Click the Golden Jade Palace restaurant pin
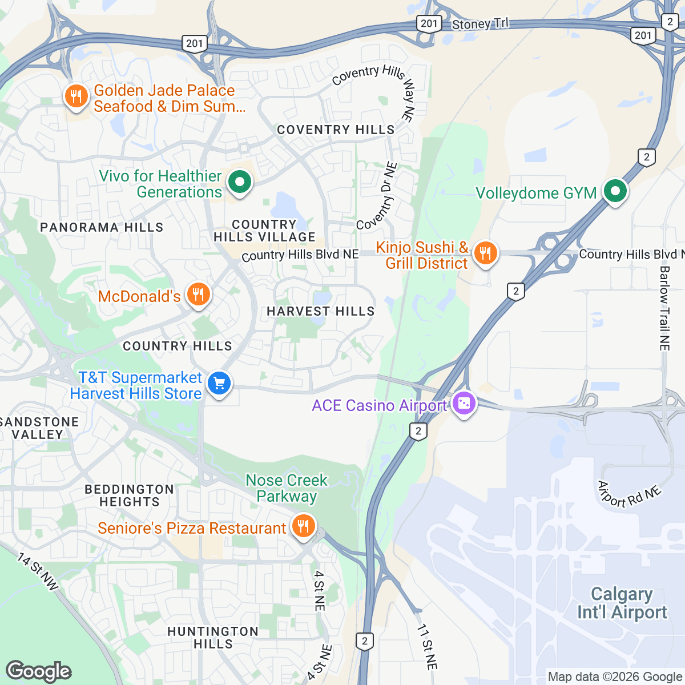tap(76, 96)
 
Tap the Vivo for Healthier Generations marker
tap(240, 183)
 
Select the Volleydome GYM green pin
tap(615, 192)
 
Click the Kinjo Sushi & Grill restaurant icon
tap(485, 253)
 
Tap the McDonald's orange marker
tap(198, 295)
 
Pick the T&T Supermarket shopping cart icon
tap(219, 384)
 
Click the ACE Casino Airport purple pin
tap(464, 404)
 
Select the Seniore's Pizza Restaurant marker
tap(303, 526)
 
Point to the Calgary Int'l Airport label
tap(622, 603)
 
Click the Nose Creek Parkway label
tap(287, 488)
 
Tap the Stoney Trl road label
tap(479, 24)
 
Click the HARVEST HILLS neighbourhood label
tap(321, 311)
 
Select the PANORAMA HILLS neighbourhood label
tap(102, 227)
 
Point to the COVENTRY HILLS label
tap(336, 130)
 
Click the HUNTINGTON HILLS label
tap(213, 637)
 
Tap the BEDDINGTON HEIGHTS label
tap(130, 495)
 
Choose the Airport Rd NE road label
tap(629, 494)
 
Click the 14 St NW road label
tap(38, 571)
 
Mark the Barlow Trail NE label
tap(664, 308)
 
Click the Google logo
tap(38, 671)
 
